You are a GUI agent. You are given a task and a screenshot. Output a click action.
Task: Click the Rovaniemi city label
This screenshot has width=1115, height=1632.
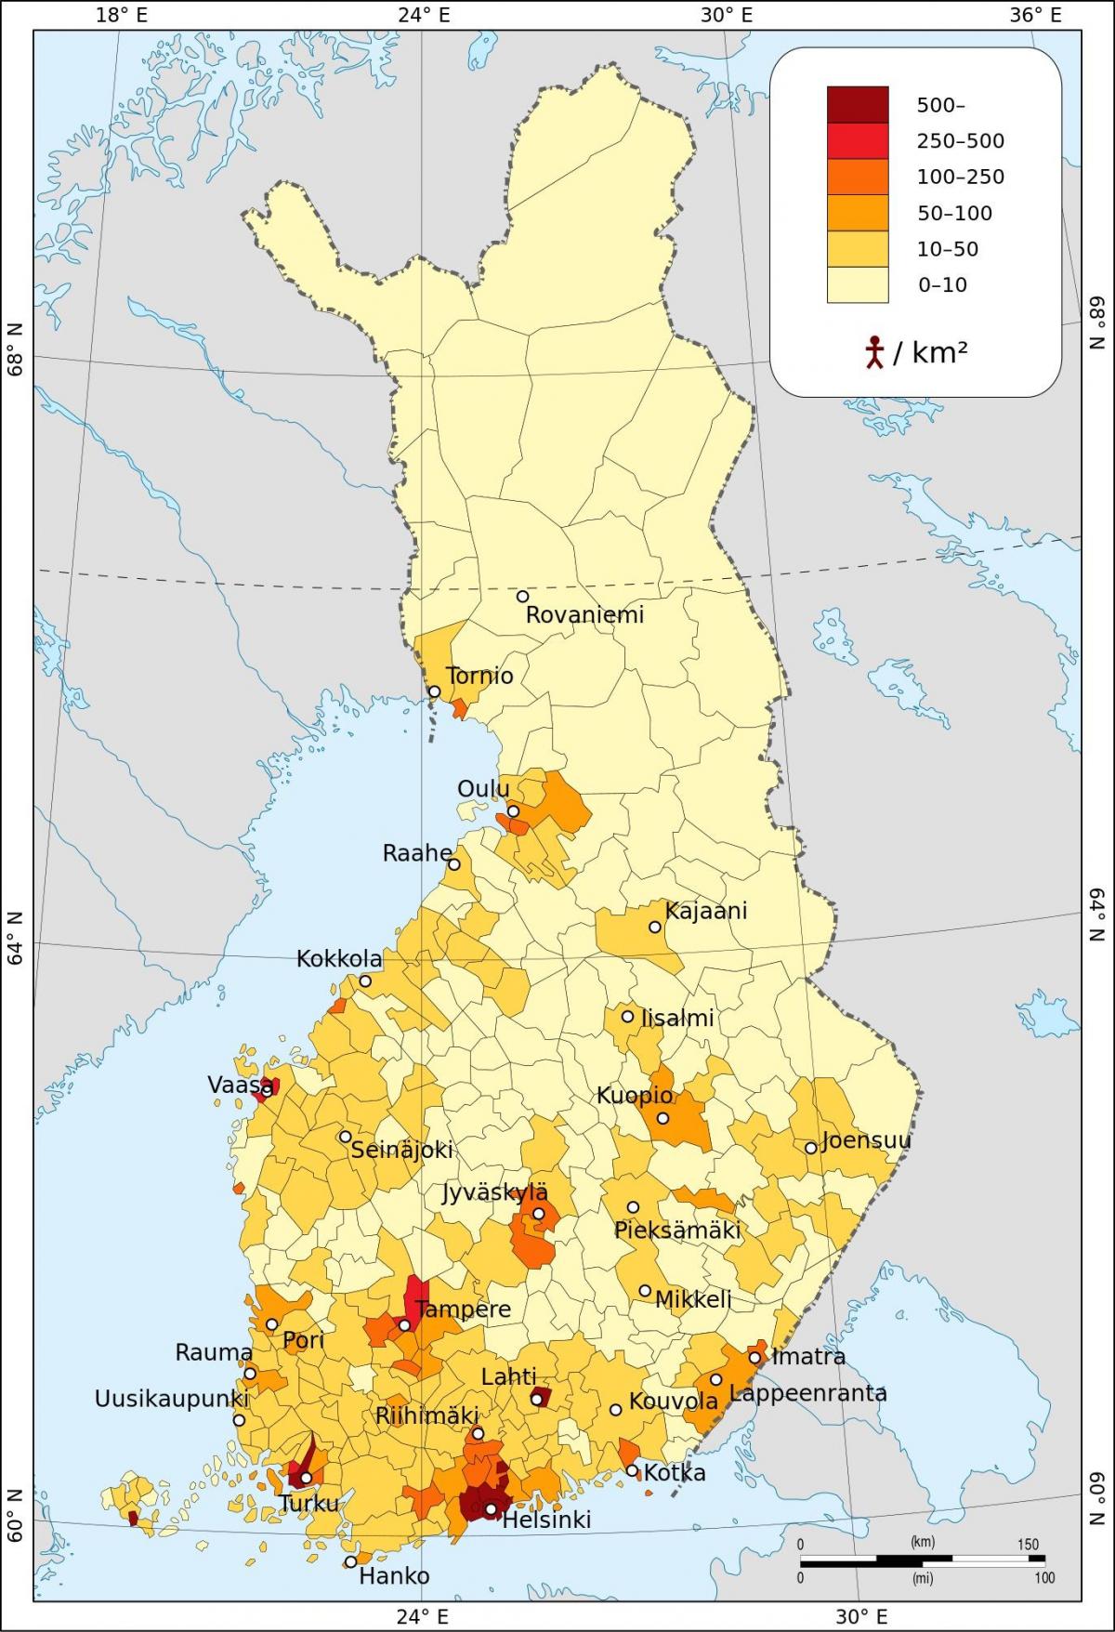click(584, 614)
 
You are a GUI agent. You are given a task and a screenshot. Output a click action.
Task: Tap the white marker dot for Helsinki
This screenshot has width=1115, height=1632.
click(491, 1508)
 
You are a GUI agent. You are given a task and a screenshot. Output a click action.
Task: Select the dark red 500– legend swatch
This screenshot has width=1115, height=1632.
click(857, 105)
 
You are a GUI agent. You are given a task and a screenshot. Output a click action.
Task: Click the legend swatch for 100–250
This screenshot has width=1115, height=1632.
click(857, 177)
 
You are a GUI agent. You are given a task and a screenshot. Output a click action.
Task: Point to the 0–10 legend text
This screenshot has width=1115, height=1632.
click(942, 285)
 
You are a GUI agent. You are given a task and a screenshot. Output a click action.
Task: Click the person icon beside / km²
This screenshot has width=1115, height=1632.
click(873, 353)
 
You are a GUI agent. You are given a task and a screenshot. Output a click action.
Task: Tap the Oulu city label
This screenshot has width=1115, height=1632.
click(483, 789)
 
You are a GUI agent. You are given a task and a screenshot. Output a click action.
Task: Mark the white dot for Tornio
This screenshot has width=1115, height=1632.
click(434, 691)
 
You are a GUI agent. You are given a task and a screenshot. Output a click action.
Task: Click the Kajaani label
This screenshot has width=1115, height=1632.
click(705, 911)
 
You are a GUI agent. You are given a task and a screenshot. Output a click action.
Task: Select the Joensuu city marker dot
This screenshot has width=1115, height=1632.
click(810, 1148)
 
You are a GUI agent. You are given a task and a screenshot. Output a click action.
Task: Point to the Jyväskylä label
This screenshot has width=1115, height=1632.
click(494, 1192)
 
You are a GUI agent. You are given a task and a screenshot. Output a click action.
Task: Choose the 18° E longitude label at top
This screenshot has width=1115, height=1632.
click(121, 15)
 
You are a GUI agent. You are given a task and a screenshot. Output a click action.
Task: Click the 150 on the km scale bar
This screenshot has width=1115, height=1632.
click(1027, 1545)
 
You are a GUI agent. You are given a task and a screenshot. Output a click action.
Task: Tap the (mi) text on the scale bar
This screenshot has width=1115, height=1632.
click(922, 1578)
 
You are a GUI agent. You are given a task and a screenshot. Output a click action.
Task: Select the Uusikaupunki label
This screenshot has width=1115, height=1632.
click(172, 1399)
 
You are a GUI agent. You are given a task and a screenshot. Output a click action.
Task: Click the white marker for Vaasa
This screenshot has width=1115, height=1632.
click(266, 1090)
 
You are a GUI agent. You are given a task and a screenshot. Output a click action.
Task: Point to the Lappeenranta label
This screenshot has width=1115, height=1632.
click(807, 1393)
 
